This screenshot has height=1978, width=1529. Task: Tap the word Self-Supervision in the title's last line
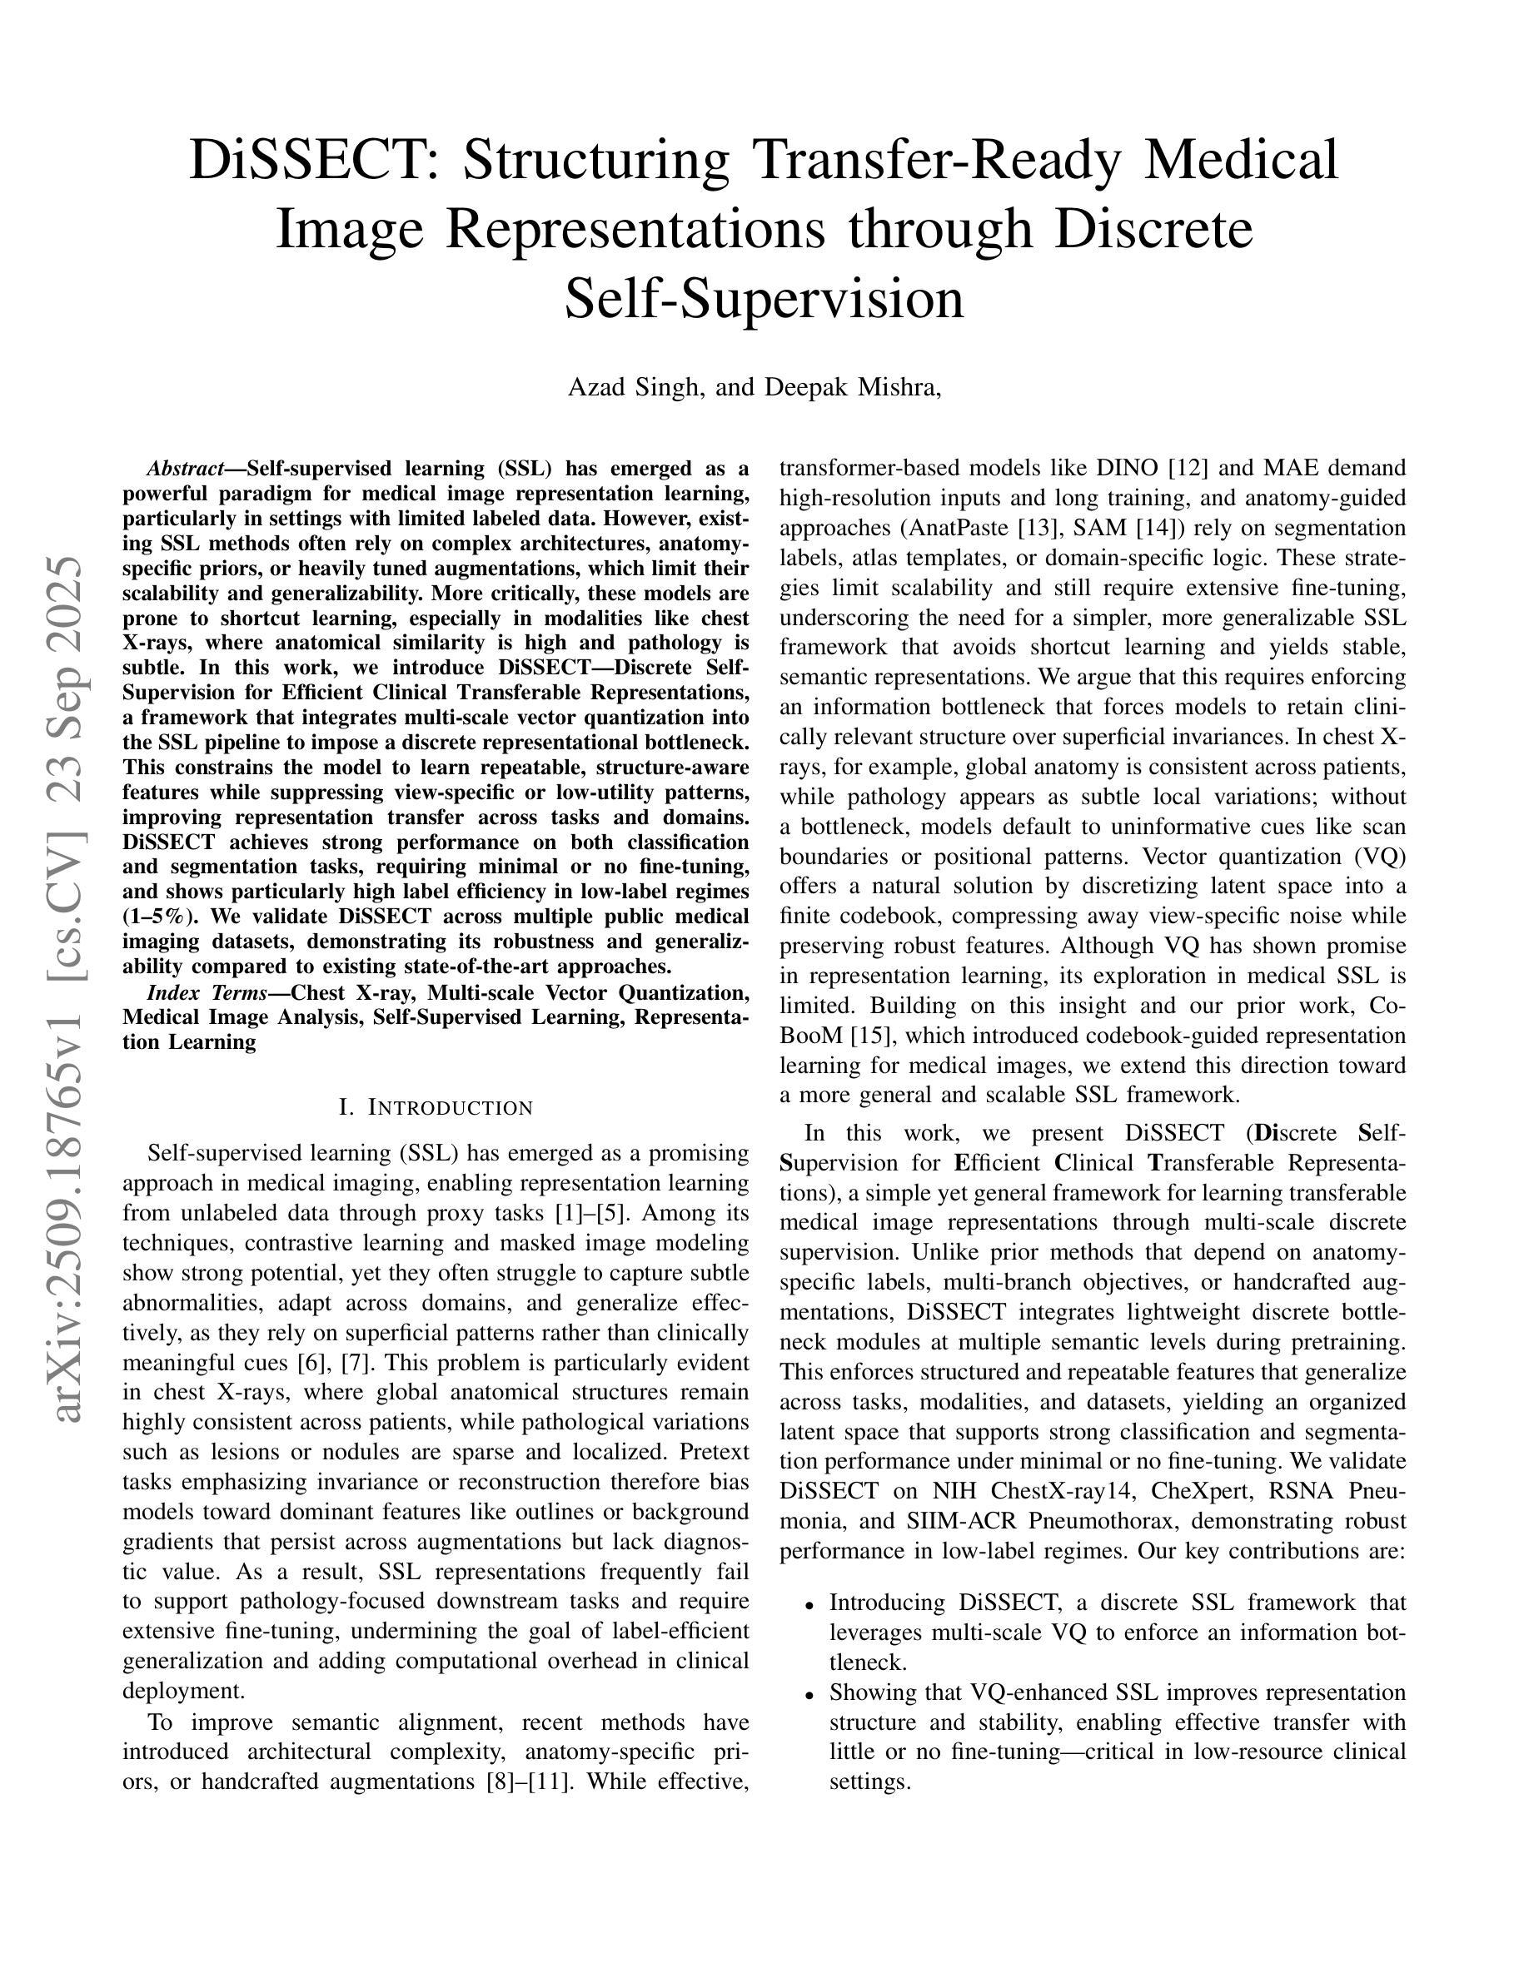coord(764,299)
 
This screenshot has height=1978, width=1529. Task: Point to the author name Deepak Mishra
coord(851,388)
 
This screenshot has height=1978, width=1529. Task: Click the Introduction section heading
coord(436,1108)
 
